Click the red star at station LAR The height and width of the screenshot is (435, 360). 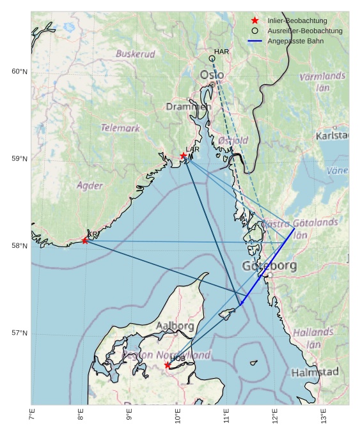[x=184, y=156]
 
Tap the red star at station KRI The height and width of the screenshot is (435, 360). [x=85, y=241]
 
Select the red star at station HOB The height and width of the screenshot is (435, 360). [x=168, y=365]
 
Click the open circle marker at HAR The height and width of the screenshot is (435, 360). [x=212, y=59]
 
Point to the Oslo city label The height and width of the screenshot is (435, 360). [x=212, y=75]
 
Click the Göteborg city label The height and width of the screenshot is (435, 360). [x=269, y=266]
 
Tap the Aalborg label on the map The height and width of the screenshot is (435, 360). [x=175, y=326]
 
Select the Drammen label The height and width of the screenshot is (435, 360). [x=188, y=107]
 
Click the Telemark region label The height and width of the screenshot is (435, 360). [x=120, y=128]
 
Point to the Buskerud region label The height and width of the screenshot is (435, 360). [x=136, y=54]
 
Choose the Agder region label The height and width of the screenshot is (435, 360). [x=90, y=185]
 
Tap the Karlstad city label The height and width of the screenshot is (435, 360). [x=331, y=135]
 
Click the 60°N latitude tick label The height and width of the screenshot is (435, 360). [x=19, y=72]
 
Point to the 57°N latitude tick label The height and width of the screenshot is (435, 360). [x=19, y=333]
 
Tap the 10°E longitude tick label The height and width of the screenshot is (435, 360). [x=178, y=416]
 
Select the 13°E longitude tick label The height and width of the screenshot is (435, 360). [x=324, y=416]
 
